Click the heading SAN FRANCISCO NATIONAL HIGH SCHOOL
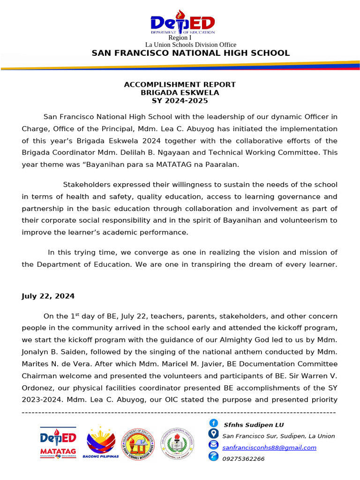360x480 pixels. (190, 53)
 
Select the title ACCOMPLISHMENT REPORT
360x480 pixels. (180, 84)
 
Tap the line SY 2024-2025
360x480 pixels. (180, 101)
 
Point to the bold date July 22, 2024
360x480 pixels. (48, 296)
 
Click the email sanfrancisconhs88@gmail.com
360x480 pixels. (269, 448)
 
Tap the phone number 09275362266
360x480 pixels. (243, 459)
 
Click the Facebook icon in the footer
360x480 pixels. (213, 424)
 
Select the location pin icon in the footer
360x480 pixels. (213, 434)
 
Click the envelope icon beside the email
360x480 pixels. (213, 445)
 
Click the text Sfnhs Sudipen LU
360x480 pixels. (254, 425)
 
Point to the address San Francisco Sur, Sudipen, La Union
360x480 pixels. (278, 436)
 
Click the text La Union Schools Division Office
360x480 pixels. (191, 45)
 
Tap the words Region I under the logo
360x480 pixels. (180, 37)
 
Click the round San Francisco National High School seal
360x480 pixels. (177, 443)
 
